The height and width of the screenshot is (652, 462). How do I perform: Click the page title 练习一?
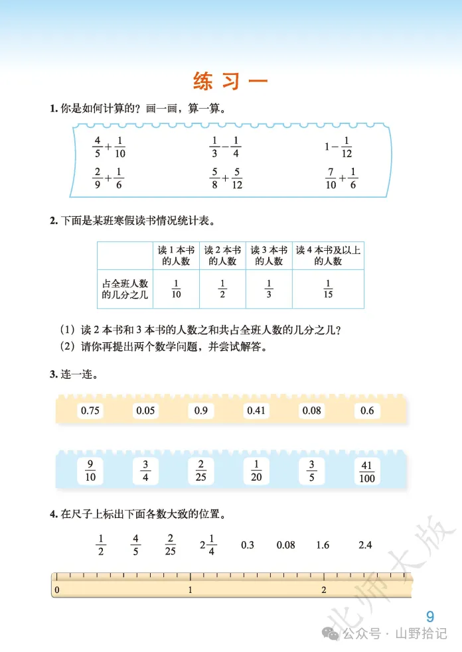(230, 82)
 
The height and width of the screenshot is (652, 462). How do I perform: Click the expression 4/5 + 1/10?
(109, 147)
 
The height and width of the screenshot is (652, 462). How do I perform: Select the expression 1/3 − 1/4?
(225, 147)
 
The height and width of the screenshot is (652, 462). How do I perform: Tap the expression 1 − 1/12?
(339, 147)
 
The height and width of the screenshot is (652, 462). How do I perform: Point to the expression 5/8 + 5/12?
(226, 178)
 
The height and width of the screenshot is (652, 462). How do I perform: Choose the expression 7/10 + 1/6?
(341, 178)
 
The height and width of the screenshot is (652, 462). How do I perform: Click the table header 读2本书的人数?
(222, 255)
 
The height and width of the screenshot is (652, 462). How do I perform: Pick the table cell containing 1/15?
(328, 289)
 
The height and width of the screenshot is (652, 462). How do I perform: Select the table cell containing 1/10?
(176, 289)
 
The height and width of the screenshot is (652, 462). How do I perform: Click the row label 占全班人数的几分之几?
(125, 289)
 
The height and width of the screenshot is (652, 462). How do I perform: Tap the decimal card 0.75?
(90, 411)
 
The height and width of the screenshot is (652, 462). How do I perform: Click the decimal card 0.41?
(256, 411)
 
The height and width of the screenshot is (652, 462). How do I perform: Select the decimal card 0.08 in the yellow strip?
(312, 411)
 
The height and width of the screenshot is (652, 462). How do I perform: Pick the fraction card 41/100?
(367, 471)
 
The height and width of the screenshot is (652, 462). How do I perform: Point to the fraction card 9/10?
(90, 471)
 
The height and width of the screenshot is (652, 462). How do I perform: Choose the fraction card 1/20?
(256, 471)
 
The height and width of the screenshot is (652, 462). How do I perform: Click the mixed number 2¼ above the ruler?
(208, 545)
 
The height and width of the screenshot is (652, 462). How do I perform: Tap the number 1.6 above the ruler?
(323, 545)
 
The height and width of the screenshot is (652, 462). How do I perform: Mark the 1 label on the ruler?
(191, 590)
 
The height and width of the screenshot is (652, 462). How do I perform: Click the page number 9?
(430, 616)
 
